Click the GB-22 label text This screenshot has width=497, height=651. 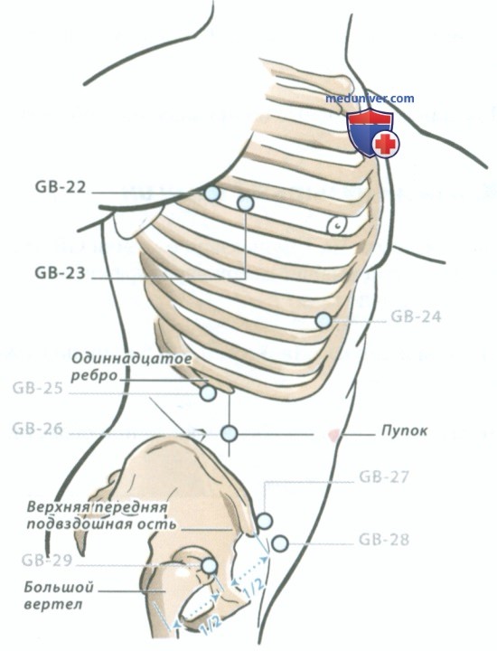61,187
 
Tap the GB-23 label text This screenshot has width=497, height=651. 61,273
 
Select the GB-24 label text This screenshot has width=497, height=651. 416,316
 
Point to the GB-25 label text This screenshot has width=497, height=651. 37,388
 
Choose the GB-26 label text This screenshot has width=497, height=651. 37,428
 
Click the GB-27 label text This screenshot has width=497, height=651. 384,476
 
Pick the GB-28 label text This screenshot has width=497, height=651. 384,540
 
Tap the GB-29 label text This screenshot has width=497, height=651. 47,561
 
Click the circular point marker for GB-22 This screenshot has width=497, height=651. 212,193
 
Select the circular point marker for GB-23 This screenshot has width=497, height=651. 245,203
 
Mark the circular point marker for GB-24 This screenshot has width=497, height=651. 324,320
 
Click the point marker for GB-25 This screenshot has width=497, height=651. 208,392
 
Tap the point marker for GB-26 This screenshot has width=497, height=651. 229,434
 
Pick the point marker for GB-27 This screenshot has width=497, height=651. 264,521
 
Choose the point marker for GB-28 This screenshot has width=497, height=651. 279,542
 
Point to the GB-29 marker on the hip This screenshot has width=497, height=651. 210,565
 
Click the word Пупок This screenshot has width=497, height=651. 404,430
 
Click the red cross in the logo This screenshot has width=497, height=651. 386,144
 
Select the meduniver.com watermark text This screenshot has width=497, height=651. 370,99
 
